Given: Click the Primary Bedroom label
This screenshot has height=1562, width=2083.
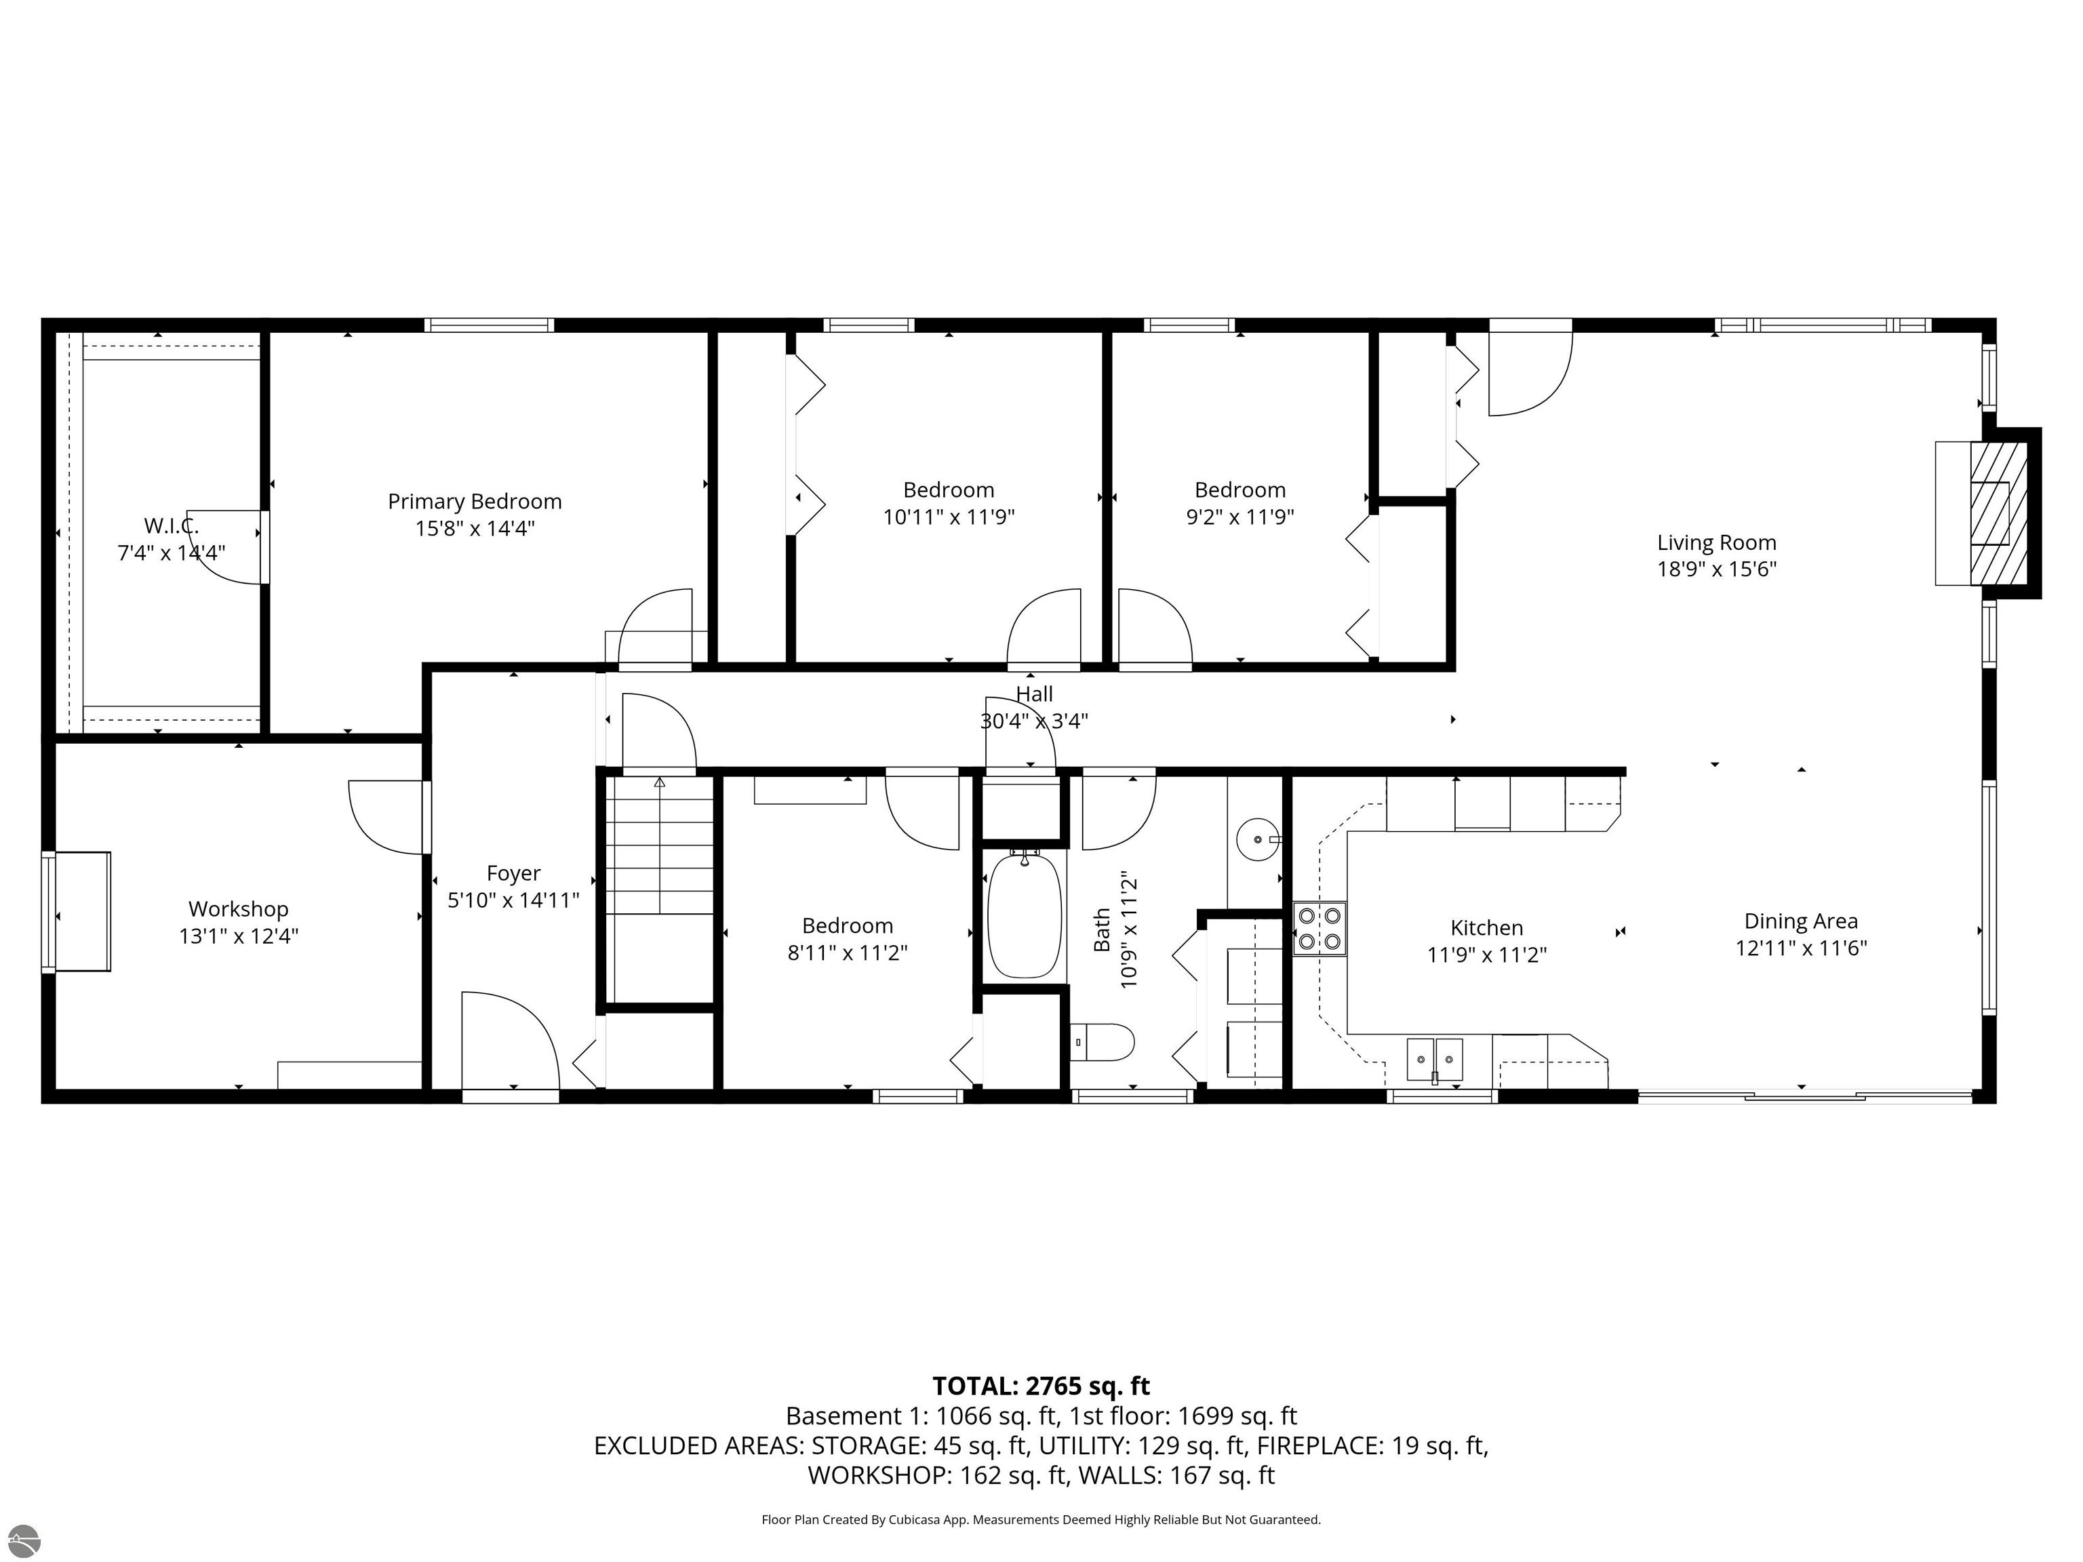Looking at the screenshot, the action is click(x=475, y=502).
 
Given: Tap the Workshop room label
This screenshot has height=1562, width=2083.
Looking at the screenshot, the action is click(x=238, y=910).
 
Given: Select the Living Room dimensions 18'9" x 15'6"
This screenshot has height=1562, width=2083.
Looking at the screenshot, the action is click(x=1717, y=569).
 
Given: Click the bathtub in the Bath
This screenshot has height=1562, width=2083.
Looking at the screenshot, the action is click(x=1025, y=913).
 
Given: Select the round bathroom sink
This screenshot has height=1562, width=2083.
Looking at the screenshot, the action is click(x=1257, y=839).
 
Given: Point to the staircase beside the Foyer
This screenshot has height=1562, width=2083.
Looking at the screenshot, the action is click(x=659, y=889).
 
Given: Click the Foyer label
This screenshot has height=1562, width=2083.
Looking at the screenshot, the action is click(x=513, y=874).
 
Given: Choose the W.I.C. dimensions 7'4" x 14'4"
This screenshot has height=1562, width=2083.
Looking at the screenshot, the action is click(x=172, y=553).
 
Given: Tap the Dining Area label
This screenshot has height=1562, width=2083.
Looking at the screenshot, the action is click(x=1800, y=922).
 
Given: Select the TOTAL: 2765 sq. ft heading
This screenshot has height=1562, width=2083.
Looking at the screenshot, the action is click(x=1041, y=1386).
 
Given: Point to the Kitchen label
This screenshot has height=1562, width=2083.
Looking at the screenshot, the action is click(x=1486, y=928).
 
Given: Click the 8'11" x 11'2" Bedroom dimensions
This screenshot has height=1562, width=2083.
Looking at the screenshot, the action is click(x=848, y=953).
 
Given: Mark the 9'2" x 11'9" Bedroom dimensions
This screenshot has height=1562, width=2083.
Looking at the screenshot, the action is click(x=1239, y=517).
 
